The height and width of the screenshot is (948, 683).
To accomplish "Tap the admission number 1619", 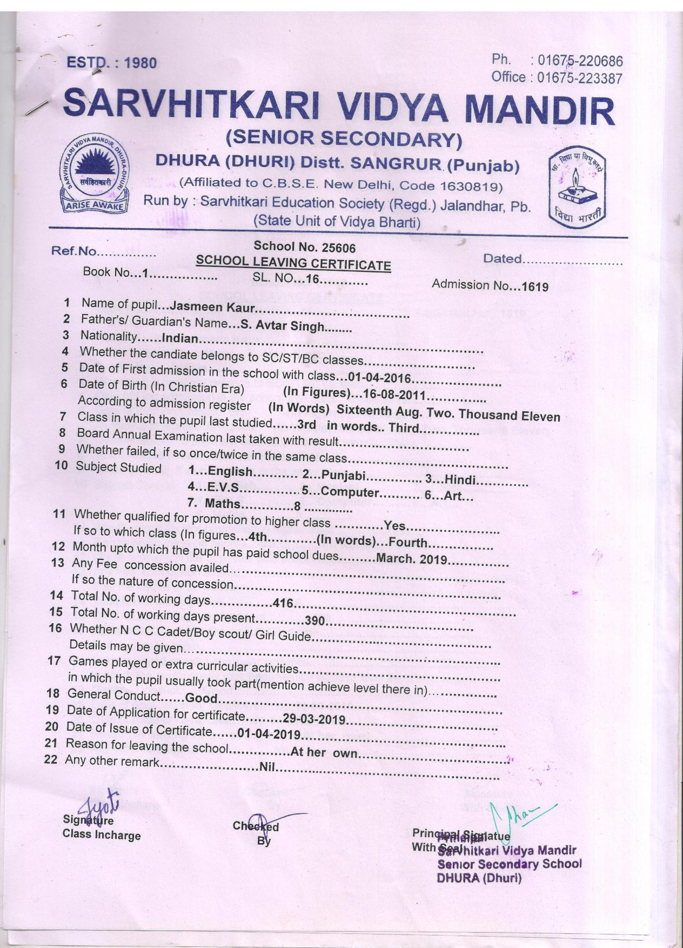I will click(534, 286).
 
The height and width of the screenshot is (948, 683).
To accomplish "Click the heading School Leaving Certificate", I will click(293, 264).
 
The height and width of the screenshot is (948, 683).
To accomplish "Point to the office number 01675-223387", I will click(580, 78).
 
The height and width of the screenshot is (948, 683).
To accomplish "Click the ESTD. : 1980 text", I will click(111, 63).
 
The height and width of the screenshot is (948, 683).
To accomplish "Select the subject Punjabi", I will click(345, 476).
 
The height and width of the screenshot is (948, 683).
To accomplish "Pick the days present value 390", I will click(314, 620).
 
